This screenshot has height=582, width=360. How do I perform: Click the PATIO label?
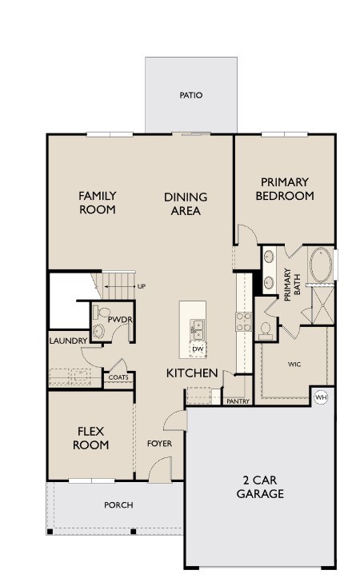point(190,95)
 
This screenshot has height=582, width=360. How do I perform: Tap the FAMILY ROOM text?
point(97,202)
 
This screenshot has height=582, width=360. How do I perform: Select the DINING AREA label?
point(186,204)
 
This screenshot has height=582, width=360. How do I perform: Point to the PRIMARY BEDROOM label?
point(284,189)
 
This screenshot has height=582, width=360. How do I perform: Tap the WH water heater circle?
point(321,397)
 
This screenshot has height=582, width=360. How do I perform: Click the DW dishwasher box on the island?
point(197,349)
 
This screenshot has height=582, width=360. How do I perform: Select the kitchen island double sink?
point(197,327)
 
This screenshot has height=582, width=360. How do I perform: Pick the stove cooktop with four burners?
point(243,321)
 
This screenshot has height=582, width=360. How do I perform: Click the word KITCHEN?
point(192,373)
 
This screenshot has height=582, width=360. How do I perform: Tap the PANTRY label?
point(238,401)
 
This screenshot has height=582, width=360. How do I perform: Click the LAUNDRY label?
point(68,341)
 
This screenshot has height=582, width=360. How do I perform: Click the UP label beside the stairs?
point(142,286)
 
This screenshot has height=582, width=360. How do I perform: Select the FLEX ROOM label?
point(90,438)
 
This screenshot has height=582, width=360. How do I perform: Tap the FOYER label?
point(159,444)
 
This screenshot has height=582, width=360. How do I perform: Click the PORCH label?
point(118,504)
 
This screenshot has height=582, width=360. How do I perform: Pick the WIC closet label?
point(294,364)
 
